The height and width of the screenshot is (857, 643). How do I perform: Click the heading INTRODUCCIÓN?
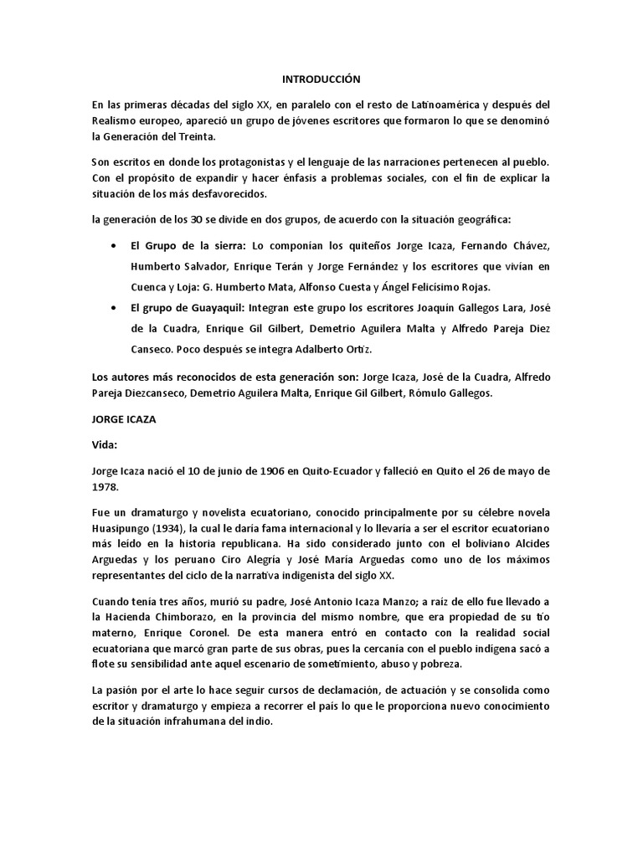pyautogui.click(x=321, y=80)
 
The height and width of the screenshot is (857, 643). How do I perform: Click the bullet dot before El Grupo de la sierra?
pyautogui.click(x=114, y=244)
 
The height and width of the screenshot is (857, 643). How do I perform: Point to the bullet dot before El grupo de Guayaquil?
pyautogui.click(x=114, y=309)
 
